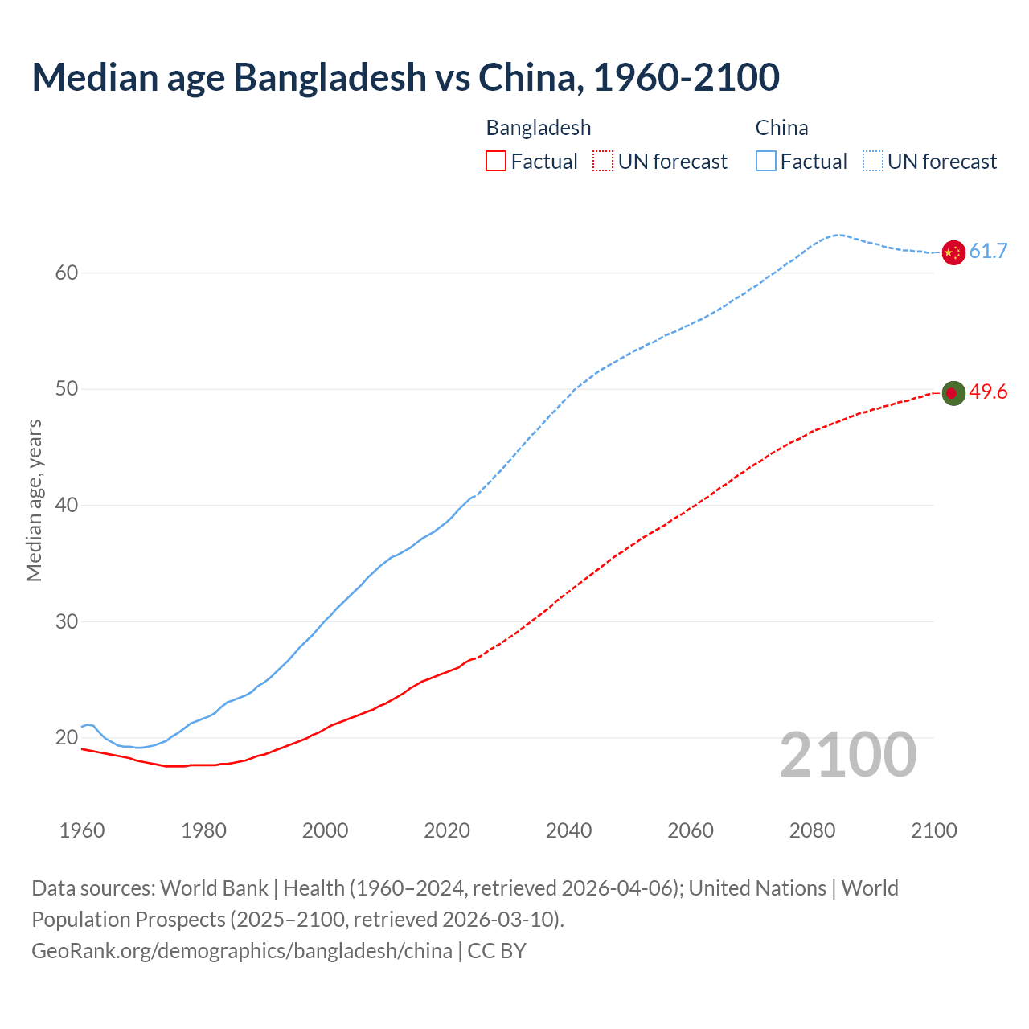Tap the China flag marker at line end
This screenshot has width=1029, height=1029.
(953, 252)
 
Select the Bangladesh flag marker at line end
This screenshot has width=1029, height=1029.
(953, 393)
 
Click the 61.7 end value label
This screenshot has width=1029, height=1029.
(988, 251)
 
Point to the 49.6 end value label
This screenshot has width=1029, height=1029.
(988, 392)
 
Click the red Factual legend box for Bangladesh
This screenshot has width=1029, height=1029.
(496, 162)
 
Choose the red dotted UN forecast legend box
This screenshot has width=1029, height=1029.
(603, 162)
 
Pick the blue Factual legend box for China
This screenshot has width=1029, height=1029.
(766, 162)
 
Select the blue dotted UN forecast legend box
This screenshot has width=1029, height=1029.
(873, 162)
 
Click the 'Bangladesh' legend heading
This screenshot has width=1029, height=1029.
(539, 128)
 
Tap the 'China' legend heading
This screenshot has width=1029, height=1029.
(781, 128)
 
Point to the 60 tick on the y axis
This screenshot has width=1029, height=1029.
(67, 273)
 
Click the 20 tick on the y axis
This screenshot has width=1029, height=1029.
(67, 737)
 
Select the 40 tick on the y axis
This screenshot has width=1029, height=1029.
(67, 505)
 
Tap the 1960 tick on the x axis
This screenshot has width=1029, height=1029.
(82, 830)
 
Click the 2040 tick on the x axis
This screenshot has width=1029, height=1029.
(568, 830)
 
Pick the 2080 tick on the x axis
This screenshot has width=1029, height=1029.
(812, 830)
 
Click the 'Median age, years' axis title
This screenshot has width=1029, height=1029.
(34, 500)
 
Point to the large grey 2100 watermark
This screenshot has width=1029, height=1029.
(848, 754)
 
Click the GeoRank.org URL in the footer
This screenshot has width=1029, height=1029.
(242, 950)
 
